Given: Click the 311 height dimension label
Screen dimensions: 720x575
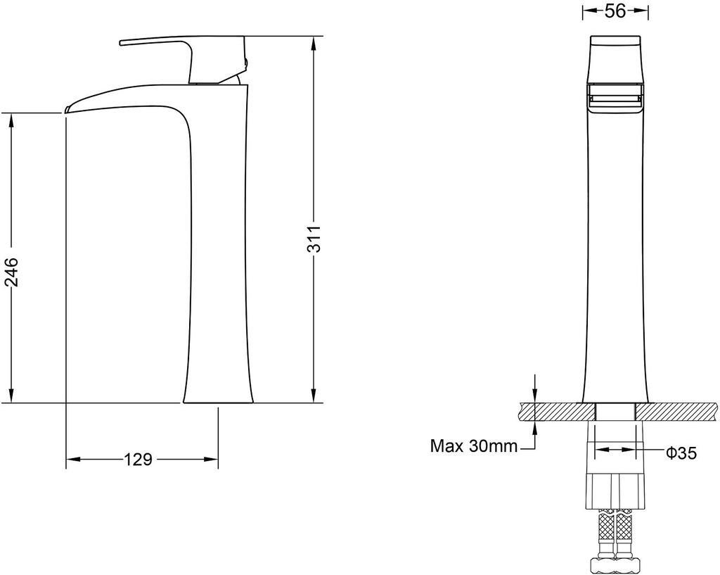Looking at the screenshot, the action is tap(314, 239).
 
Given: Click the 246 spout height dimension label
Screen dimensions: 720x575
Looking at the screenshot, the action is tap(11, 272).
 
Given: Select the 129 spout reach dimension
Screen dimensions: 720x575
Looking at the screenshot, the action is tap(138, 459).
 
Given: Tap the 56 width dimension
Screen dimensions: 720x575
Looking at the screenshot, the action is tap(615, 11).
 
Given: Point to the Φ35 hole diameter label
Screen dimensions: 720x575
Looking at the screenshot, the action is tap(681, 453).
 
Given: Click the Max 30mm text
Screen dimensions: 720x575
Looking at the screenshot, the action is tap(474, 446).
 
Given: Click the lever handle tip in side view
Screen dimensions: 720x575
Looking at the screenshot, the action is tap(121, 43).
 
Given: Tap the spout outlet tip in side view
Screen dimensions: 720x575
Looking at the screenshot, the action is tap(67, 109).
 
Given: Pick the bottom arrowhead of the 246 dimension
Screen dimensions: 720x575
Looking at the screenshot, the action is tap(11, 396).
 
